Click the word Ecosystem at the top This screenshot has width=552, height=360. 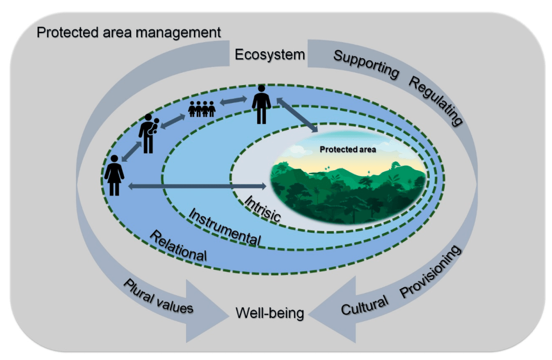point(270,55)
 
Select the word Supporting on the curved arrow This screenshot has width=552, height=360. point(367,64)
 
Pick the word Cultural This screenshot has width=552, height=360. point(364,306)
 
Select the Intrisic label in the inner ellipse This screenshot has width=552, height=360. point(263,208)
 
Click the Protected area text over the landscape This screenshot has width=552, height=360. point(348,149)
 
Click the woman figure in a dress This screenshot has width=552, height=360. point(114,175)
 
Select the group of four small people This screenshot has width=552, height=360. point(202,109)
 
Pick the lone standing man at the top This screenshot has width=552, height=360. point(262,104)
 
